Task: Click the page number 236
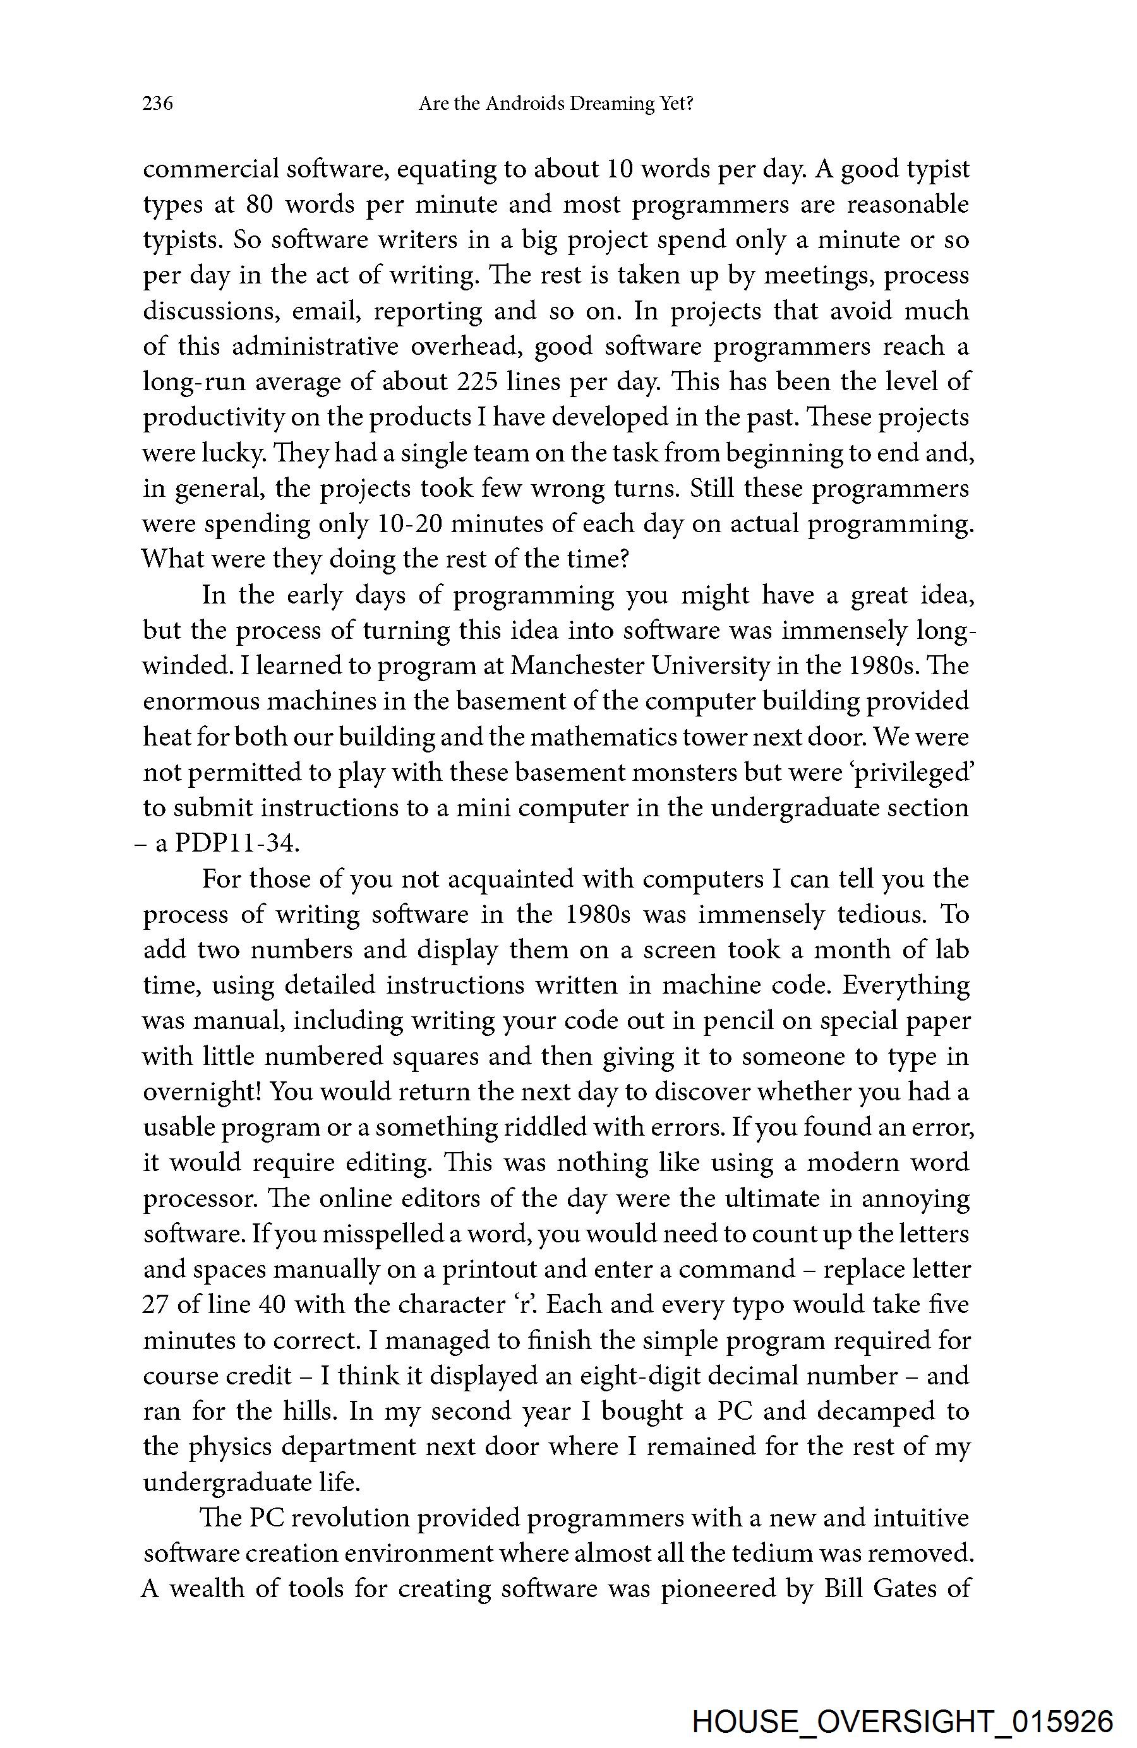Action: click(x=157, y=104)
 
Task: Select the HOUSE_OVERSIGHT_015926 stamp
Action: click(x=903, y=1720)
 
